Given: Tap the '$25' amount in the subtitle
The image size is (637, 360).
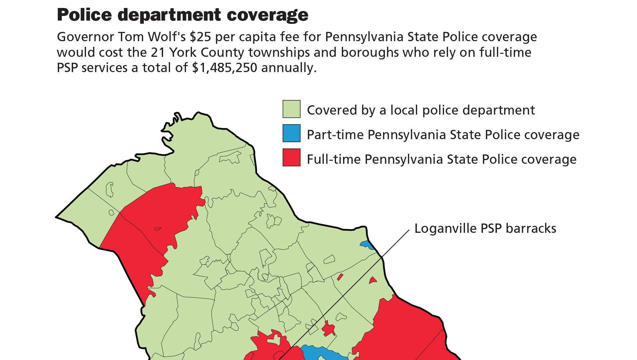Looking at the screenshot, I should tap(200, 37).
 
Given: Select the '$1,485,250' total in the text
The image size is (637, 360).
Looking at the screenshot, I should tap(225, 68).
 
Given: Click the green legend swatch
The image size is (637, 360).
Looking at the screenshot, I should tap(291, 109).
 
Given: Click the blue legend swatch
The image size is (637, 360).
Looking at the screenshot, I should tap(291, 133).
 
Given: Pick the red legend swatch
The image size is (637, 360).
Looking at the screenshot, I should tap(291, 157).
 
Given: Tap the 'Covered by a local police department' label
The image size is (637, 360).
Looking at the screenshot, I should tap(420, 110).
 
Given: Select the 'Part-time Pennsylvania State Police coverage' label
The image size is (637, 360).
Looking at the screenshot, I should tap(443, 135).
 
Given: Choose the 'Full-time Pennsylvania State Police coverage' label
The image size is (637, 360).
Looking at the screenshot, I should tap(441, 159).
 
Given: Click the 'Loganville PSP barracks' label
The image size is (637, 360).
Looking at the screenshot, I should tap(485, 228).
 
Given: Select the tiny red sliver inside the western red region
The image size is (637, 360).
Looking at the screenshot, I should tap(158, 229).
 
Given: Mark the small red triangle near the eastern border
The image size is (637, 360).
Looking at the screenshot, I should tap(373, 281).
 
